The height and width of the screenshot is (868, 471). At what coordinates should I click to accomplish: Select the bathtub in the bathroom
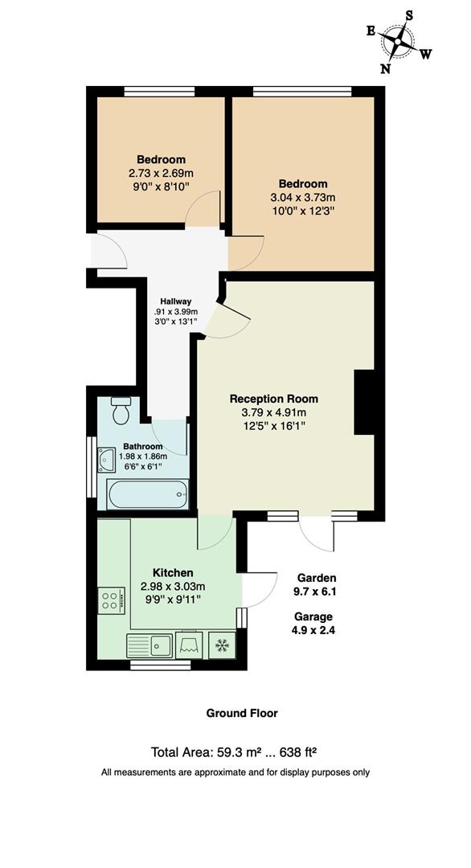click(148, 494)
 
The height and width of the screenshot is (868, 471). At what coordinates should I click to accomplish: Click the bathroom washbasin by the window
click(107, 460)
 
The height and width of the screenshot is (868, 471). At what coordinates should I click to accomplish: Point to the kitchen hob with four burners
click(110, 600)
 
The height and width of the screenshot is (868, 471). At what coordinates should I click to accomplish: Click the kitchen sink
click(149, 645)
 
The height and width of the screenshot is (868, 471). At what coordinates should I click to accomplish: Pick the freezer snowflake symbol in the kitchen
click(221, 645)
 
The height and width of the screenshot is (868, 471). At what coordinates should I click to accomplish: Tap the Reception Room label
click(273, 399)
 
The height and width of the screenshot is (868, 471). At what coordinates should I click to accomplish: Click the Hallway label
click(175, 301)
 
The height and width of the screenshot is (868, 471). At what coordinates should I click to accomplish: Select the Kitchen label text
click(173, 573)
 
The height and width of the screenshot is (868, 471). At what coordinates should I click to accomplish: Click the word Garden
click(317, 578)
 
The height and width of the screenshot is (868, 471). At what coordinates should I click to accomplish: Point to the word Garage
click(315, 616)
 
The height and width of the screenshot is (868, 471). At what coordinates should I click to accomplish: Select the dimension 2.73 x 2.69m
click(161, 173)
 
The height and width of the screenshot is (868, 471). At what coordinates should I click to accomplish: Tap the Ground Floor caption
click(242, 713)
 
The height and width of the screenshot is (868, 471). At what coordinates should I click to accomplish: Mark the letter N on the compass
click(386, 68)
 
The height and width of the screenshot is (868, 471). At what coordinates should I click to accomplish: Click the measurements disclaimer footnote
click(235, 772)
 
